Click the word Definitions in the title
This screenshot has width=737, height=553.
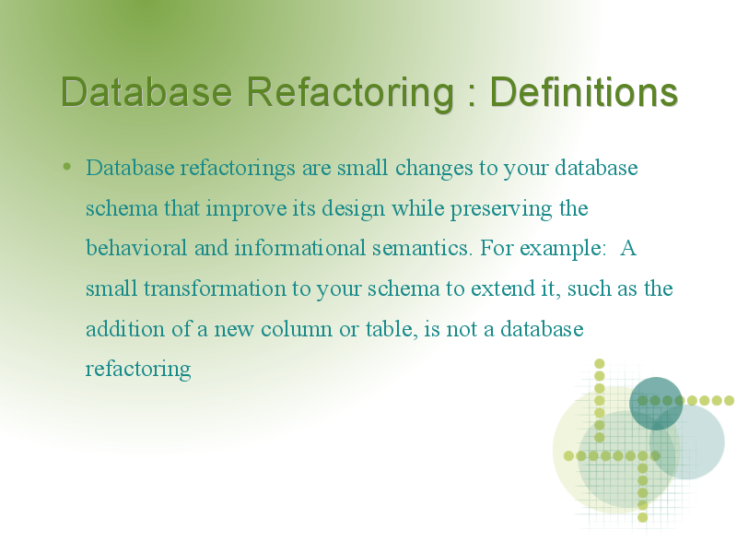(x=584, y=91)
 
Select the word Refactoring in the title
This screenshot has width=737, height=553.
(x=350, y=94)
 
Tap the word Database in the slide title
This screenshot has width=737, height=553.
(x=146, y=91)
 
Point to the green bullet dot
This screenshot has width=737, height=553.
(x=67, y=166)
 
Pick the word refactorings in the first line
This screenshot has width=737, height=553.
(x=238, y=169)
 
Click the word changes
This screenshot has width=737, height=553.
(x=434, y=169)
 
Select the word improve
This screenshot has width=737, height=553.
(x=246, y=209)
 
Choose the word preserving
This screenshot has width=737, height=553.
(x=501, y=209)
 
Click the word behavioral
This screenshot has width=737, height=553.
(x=136, y=248)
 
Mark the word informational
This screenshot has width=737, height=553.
(x=300, y=248)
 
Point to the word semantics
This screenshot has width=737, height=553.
(x=422, y=249)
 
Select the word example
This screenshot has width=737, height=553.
(x=563, y=249)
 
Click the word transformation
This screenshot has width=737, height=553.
(x=215, y=288)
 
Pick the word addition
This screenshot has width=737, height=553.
(x=125, y=329)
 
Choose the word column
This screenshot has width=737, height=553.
(x=297, y=329)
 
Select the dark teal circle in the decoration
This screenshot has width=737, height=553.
(x=656, y=404)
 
